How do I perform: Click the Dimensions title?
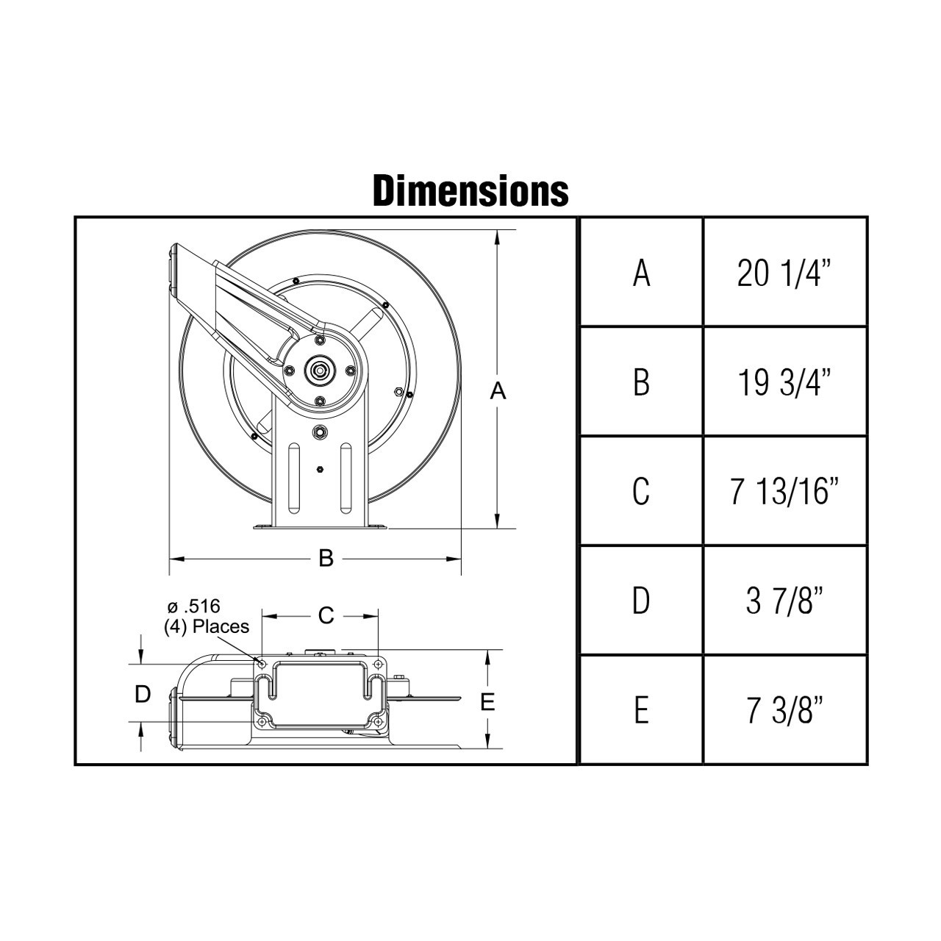point(470,190)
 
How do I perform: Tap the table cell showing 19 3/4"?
point(785,382)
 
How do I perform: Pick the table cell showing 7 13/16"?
point(785,491)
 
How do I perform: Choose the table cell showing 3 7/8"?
point(785,601)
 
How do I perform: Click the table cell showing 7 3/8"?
point(785,710)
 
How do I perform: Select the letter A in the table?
point(641,273)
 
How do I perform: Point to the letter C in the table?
point(641,491)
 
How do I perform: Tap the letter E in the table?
point(641,710)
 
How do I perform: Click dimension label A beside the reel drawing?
point(498,393)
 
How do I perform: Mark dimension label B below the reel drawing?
point(326,559)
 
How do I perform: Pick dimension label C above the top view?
point(326,615)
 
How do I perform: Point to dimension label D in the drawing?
point(143,693)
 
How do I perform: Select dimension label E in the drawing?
point(487,702)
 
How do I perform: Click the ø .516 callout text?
point(194,607)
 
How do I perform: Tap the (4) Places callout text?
point(206,626)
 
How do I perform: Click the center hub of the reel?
point(320,370)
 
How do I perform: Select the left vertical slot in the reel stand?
point(294,477)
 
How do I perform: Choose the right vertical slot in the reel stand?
point(345,477)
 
